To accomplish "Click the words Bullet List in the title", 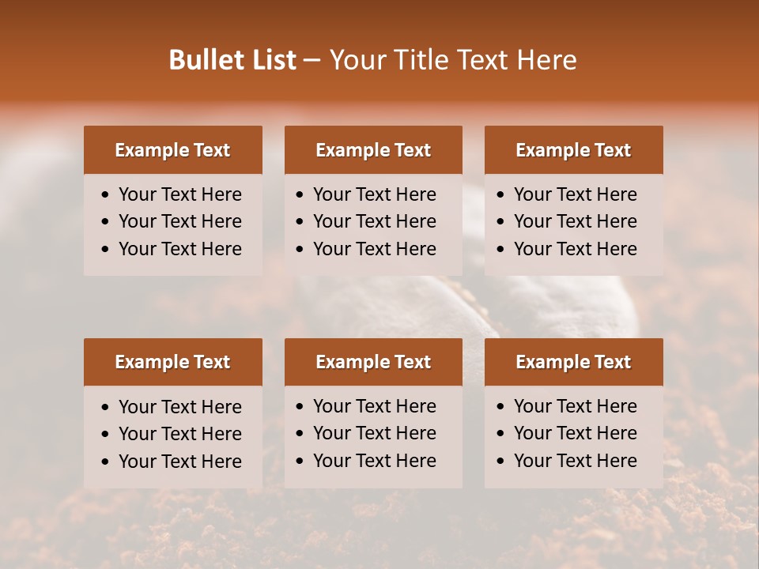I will click(232, 60).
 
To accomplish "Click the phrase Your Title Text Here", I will click(452, 60).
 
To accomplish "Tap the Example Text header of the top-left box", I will click(172, 150).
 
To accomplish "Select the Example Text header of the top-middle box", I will click(373, 150).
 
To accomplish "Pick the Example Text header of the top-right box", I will click(573, 150).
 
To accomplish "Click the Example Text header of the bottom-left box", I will click(172, 362).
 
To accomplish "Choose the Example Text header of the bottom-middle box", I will click(373, 362).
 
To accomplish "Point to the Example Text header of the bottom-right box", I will click(573, 362).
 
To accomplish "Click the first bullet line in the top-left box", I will click(179, 194).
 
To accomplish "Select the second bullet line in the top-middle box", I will click(374, 221).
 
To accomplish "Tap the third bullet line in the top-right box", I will click(575, 249).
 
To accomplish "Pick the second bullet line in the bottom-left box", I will click(179, 434).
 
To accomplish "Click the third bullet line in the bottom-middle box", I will click(374, 461).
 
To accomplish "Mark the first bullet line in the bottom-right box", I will click(575, 406).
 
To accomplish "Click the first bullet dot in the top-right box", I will click(500, 195).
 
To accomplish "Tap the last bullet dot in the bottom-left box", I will click(105, 462).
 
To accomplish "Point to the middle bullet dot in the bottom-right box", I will click(500, 434).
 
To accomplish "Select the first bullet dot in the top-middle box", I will click(300, 195).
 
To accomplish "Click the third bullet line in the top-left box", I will click(179, 249).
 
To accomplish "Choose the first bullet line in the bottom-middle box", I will click(374, 406).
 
